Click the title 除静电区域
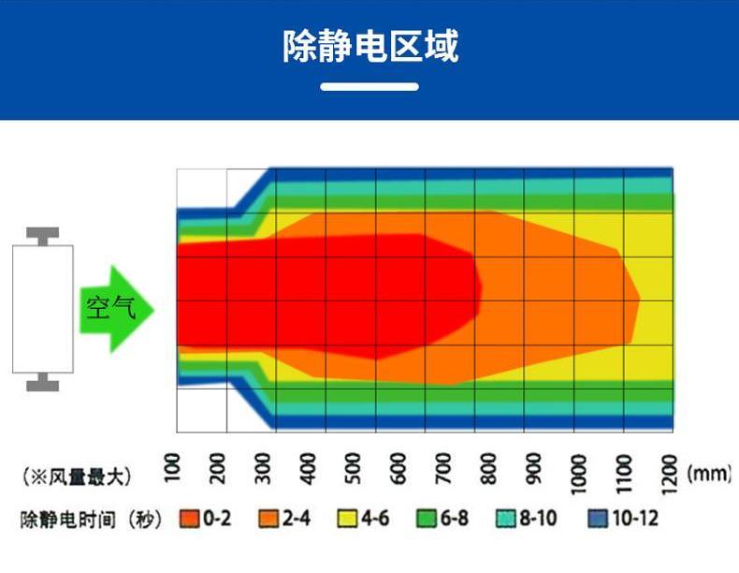[369, 44]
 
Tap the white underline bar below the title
[369, 87]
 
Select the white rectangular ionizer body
[42, 308]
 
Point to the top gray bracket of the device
[42, 234]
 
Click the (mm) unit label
[708, 475]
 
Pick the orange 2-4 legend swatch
[269, 519]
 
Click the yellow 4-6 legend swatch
[348, 519]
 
